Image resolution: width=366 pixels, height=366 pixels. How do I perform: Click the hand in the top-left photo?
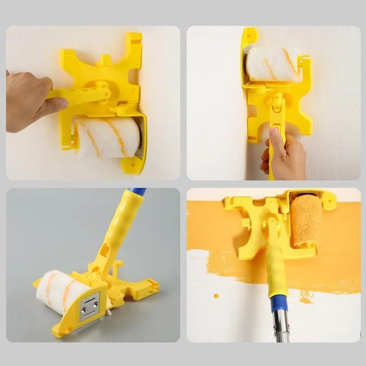click(x=27, y=101)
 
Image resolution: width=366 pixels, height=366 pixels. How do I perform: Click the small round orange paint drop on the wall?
click(x=215, y=296)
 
